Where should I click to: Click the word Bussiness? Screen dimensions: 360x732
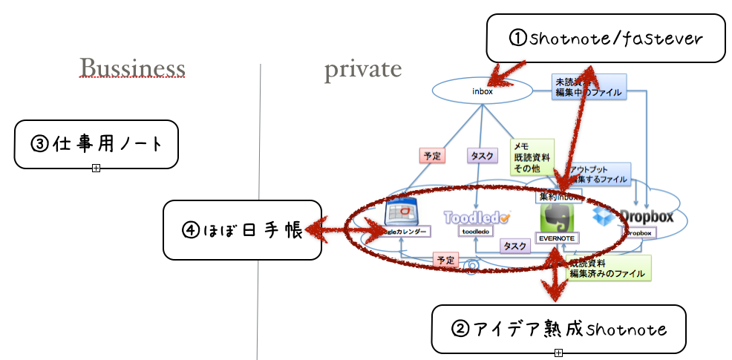(132, 68)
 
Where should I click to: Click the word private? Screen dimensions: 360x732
(362, 69)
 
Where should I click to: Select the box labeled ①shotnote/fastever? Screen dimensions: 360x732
(605, 38)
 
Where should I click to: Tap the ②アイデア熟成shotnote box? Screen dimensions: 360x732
(558, 328)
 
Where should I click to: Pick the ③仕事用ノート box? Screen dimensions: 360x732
(97, 144)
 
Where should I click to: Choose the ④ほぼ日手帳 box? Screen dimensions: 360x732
(242, 230)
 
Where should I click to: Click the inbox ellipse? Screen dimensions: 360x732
(482, 91)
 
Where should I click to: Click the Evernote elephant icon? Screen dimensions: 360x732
(556, 217)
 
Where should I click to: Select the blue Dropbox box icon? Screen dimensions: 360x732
(604, 217)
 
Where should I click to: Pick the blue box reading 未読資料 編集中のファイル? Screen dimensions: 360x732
(588, 87)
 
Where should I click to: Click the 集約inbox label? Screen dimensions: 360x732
(558, 197)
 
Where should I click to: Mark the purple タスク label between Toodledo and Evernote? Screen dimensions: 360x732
(515, 246)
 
